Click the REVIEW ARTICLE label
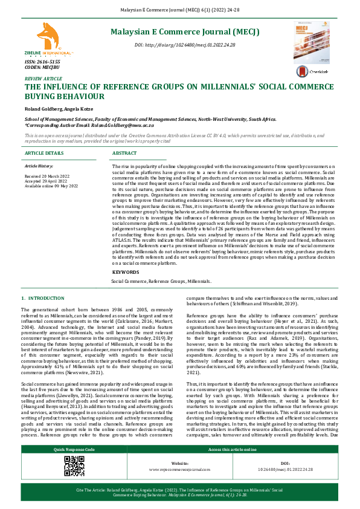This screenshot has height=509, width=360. pos(43,79)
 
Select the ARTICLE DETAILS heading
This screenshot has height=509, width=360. pos(43,154)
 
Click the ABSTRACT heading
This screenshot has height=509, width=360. pos(124,154)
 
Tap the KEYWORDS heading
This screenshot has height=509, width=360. pos(125,273)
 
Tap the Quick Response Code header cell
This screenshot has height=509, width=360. pos(74,467)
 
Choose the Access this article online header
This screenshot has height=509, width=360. pos(234,467)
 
